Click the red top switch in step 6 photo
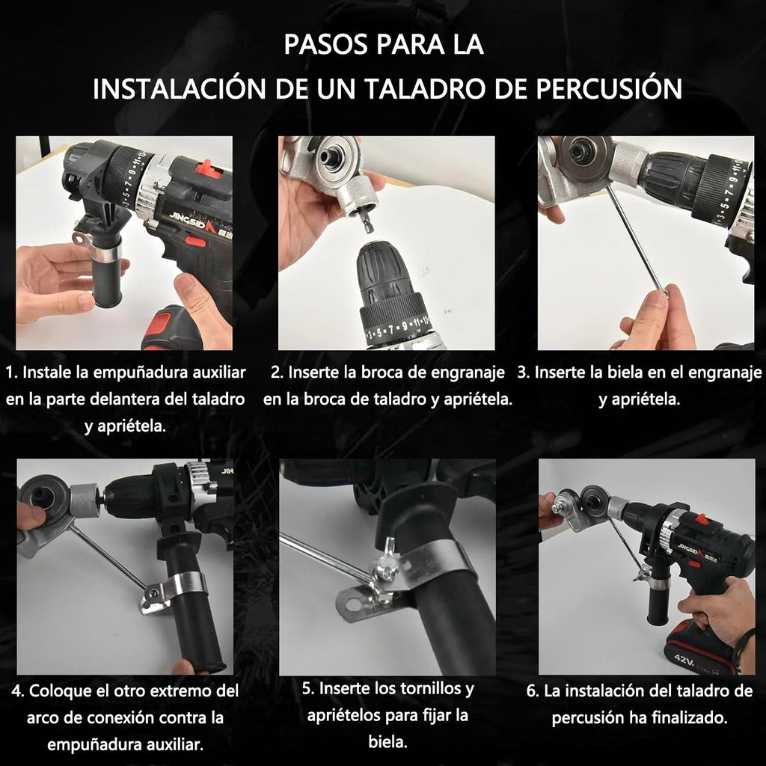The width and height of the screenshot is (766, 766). point(701,518)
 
